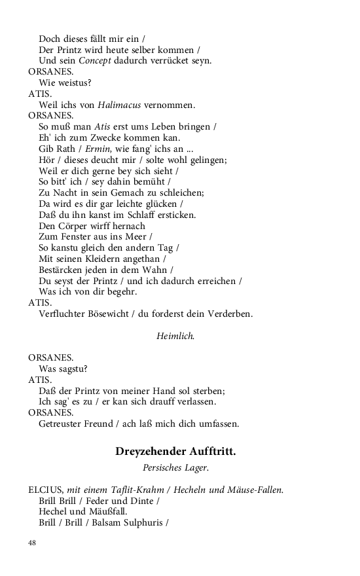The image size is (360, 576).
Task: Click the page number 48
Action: point(32,543)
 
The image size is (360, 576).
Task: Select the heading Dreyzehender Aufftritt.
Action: point(175,452)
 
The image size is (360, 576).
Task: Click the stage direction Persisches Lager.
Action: point(175,468)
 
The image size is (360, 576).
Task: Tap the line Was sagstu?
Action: point(63,369)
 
